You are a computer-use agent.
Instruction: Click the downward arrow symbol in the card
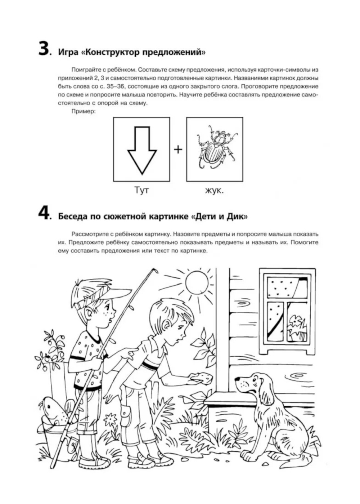(x=142, y=150)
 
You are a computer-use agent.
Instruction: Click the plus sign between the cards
(x=178, y=149)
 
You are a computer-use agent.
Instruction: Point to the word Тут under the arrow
(x=141, y=190)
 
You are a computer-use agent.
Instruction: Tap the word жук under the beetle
(x=214, y=191)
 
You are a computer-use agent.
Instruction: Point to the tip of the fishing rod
(x=155, y=270)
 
